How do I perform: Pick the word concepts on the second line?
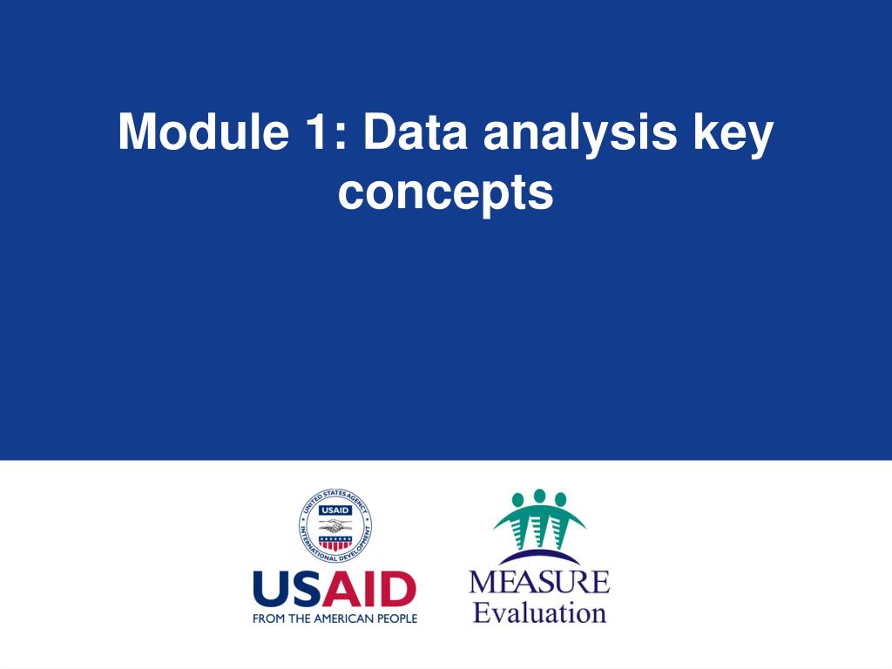(x=445, y=193)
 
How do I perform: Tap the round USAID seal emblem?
(x=335, y=525)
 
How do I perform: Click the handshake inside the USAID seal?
(x=335, y=525)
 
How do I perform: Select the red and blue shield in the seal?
(x=335, y=543)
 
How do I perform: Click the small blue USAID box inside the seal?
(x=335, y=510)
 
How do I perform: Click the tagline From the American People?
(x=335, y=618)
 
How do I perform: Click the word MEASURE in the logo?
(x=539, y=582)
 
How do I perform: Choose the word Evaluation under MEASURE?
(x=539, y=613)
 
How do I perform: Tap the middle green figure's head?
(x=539, y=496)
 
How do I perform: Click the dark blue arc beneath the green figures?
(x=539, y=557)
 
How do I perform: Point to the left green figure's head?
(x=518, y=499)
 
